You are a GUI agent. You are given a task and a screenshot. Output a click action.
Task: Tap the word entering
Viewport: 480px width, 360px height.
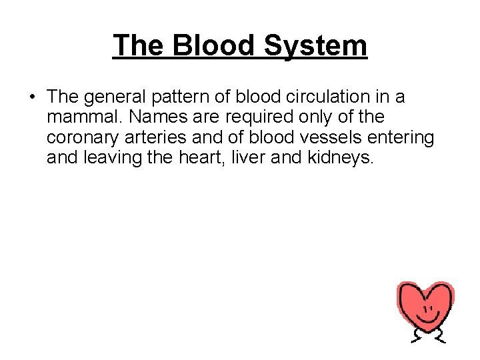[x=403, y=137]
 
